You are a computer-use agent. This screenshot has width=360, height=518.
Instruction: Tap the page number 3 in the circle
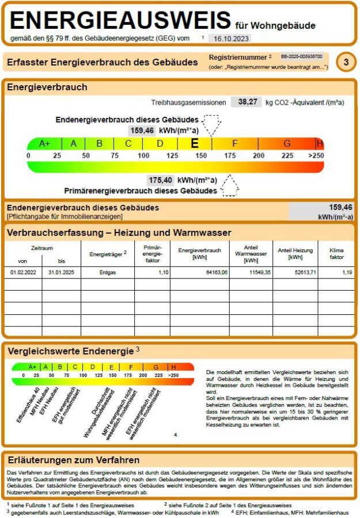[346, 63]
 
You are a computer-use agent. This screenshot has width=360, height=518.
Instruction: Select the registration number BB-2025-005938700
[301, 58]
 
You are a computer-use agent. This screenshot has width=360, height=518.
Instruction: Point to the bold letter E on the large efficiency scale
[195, 143]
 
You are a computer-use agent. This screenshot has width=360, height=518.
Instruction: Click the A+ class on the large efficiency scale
[44, 144]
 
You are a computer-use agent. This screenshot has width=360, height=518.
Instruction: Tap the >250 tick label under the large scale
[316, 156]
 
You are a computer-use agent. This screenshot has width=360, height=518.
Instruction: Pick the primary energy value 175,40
[160, 180]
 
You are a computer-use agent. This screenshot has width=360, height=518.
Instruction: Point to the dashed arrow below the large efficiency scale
[230, 186]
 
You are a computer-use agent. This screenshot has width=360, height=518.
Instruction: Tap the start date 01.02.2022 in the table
[23, 272]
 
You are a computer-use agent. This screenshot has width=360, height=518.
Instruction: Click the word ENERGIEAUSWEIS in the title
[120, 21]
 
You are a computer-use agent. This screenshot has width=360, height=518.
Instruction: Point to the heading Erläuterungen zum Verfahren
[73, 460]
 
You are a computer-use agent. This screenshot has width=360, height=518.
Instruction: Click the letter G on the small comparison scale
[155, 367]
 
